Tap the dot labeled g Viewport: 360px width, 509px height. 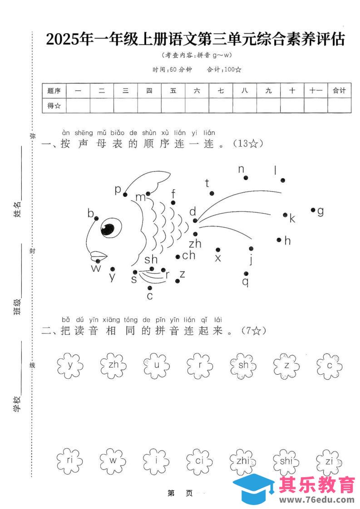point(313,210)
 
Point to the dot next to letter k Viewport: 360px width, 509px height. point(285,215)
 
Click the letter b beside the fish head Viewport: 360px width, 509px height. point(91,213)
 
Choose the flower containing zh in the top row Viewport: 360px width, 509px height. point(113,364)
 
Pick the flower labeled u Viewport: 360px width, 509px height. point(157,364)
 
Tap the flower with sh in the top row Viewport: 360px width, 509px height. point(244,364)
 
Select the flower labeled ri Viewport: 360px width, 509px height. point(70,461)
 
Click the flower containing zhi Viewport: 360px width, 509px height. point(244,461)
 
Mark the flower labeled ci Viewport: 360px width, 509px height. point(200,461)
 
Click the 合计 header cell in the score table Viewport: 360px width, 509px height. point(339,91)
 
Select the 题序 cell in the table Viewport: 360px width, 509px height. point(54,91)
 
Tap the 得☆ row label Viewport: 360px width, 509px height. point(54,106)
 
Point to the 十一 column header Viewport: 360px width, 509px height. point(316,91)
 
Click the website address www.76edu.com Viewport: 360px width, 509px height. point(316,500)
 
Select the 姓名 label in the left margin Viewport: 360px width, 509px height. point(17,209)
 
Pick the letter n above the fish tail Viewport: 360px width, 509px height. point(241,169)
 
